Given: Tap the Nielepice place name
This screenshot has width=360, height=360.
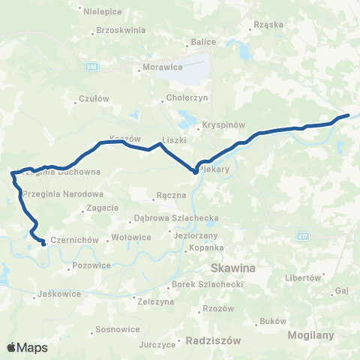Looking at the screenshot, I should point(102,11).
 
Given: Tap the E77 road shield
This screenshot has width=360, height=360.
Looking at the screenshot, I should point(303,236).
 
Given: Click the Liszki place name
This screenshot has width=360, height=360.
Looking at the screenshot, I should point(174,140).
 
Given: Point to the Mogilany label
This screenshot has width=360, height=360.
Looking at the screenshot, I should point(310,335).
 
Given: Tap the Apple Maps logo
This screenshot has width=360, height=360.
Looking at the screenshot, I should point(27,347).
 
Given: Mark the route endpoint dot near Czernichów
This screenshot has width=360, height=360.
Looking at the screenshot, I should point(43,244).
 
